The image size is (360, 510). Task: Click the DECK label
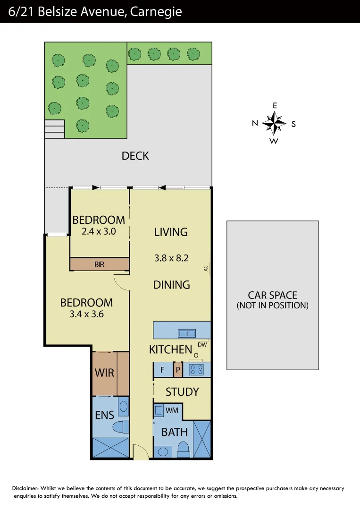click(135, 156)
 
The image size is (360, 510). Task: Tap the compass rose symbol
click(274, 124)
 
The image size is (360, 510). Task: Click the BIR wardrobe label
click(99, 264)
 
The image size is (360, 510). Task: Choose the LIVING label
click(171, 232)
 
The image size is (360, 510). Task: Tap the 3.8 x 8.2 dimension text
click(171, 258)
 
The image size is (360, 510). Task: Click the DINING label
click(172, 285)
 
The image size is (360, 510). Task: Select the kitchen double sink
click(186, 333)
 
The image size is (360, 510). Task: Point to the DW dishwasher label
click(203, 344)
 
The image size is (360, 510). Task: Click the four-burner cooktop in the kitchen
click(196, 370)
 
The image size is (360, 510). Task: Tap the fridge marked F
click(162, 370)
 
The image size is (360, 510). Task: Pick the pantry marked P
click(178, 370)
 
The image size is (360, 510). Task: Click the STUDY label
click(182, 392)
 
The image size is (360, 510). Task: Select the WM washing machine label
click(172, 411)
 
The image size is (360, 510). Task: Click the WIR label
click(104, 373)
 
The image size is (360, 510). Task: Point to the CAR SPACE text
click(273, 295)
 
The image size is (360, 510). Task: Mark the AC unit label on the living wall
click(205, 268)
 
